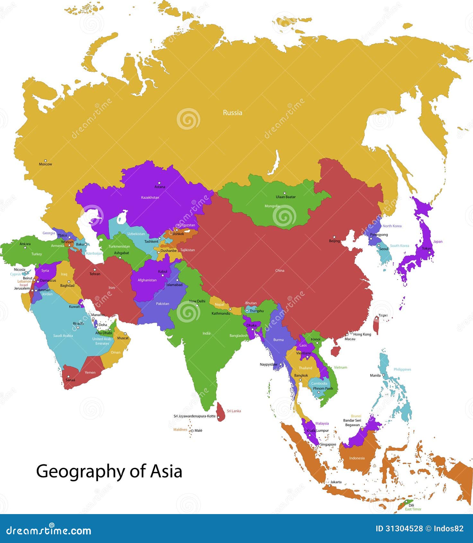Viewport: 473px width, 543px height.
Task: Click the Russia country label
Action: [232, 113]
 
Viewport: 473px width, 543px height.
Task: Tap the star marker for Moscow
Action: [45, 160]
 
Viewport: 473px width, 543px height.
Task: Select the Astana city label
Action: [160, 187]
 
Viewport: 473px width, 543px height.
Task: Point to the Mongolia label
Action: [272, 206]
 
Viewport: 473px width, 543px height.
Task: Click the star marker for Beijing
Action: [334, 237]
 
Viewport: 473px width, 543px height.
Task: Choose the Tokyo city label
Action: [426, 248]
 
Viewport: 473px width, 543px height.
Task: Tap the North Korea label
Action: [392, 226]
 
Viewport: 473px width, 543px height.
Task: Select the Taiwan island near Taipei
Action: [376, 325]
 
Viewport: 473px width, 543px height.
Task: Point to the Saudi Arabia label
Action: [63, 336]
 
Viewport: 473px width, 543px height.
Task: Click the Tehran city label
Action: [95, 274]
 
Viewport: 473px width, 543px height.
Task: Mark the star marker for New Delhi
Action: [197, 305]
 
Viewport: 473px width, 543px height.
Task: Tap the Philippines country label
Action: [402, 369]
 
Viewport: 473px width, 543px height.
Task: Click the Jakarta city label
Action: [336, 482]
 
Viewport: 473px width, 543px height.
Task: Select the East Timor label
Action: [413, 509]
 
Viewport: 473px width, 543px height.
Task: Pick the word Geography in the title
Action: [80, 472]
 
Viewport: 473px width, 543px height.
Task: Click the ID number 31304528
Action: [404, 529]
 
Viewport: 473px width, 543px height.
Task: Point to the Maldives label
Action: [180, 430]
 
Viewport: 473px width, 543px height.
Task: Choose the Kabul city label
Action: [162, 271]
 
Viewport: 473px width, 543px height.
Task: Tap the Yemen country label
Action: [90, 373]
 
